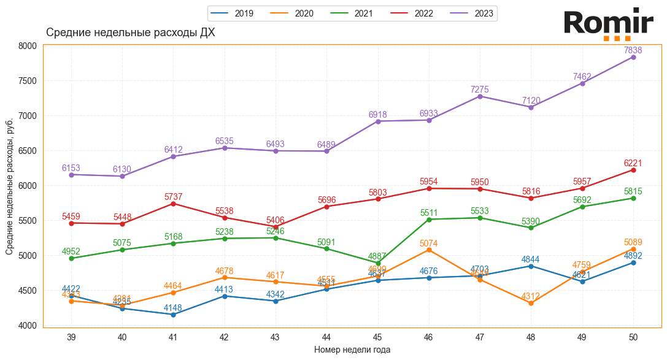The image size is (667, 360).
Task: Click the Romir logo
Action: click(608, 25)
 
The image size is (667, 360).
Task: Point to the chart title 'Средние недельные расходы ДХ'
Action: click(131, 33)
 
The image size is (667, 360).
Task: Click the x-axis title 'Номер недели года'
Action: click(352, 350)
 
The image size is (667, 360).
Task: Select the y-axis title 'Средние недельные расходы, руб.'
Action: click(10, 186)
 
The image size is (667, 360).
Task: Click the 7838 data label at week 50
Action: click(633, 50)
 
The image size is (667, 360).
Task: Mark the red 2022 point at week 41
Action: click(174, 204)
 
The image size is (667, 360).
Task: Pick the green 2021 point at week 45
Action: click(378, 263)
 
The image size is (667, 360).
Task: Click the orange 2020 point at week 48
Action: click(531, 303)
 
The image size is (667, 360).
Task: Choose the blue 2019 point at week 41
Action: click(174, 315)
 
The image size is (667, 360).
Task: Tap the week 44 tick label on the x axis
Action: click(327, 337)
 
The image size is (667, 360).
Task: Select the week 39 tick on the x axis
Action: click(71, 337)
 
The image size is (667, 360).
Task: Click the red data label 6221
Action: click(633, 163)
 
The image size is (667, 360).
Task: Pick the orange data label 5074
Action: click(429, 243)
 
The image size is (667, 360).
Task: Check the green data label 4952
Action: click(71, 251)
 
